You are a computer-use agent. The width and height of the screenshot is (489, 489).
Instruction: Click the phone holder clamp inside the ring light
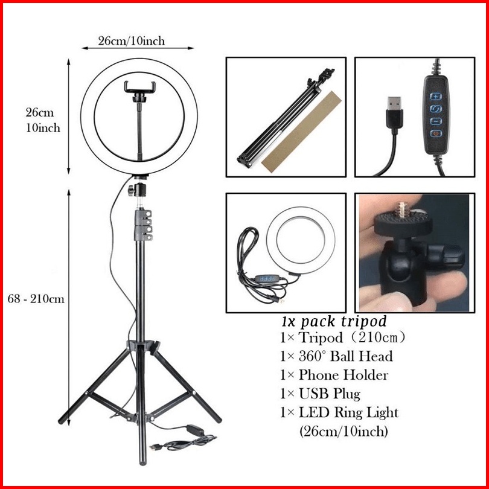tap(139, 91)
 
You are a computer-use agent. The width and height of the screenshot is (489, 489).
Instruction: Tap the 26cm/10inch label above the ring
tap(131, 41)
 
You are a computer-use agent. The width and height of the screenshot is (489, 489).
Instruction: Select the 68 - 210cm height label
tap(36, 299)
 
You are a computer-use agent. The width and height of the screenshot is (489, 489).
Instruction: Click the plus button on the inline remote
tap(436, 96)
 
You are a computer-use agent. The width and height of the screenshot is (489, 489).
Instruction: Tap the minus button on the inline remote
tap(436, 121)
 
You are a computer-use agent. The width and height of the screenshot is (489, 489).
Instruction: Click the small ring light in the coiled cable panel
tap(301, 240)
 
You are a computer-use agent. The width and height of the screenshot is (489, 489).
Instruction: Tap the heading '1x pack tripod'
tap(334, 321)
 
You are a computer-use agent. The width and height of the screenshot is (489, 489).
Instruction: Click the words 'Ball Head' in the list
tap(361, 356)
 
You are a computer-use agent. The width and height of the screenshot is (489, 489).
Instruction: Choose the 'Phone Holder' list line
tap(334, 375)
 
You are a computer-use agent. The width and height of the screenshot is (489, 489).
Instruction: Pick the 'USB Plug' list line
tap(321, 394)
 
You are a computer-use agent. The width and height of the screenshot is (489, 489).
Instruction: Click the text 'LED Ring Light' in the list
tap(349, 412)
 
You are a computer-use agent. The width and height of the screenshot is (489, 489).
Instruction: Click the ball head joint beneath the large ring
tap(138, 190)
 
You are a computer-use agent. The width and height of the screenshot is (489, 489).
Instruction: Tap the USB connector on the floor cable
tap(154, 447)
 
